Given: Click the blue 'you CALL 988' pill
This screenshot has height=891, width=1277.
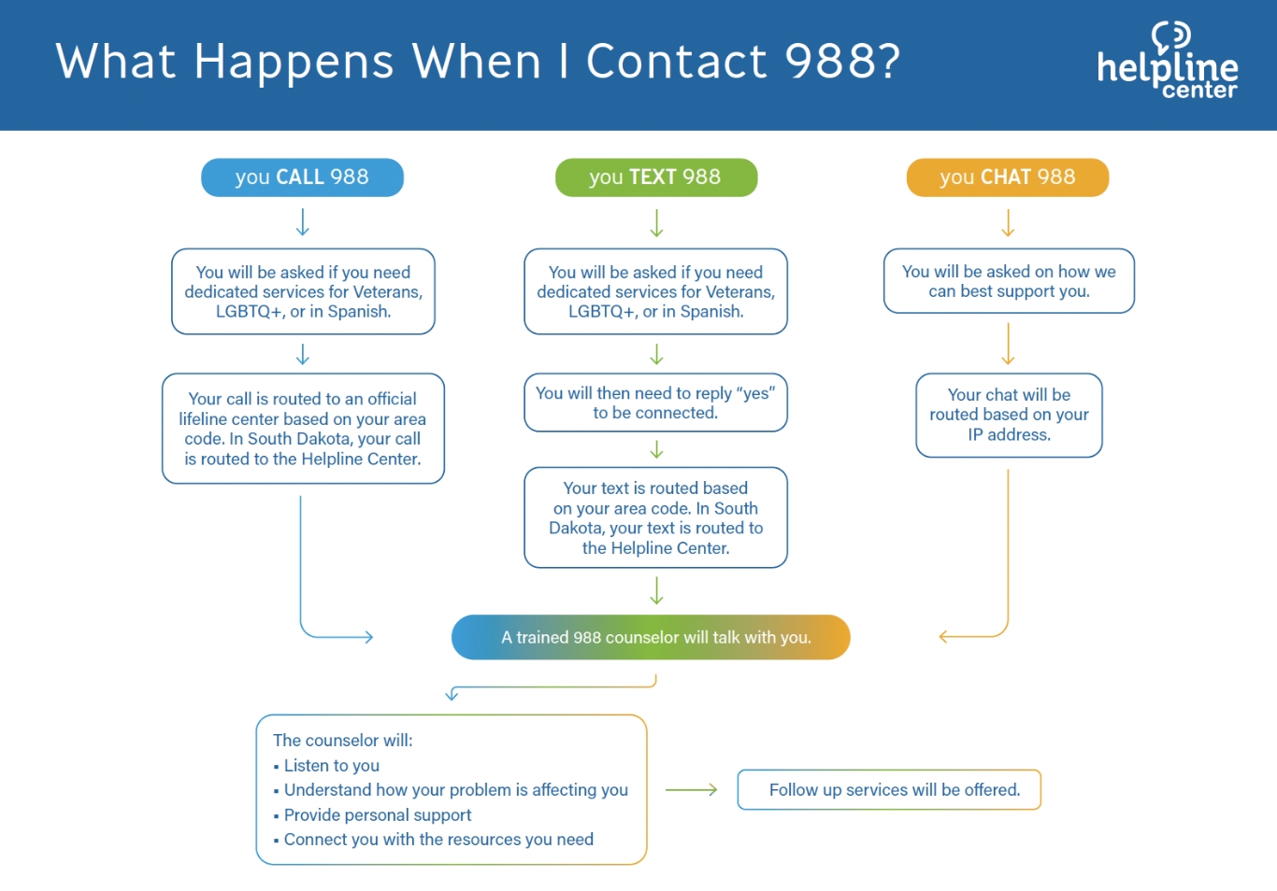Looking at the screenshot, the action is (302, 177).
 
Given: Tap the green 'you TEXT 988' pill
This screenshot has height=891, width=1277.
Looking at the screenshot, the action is (656, 177).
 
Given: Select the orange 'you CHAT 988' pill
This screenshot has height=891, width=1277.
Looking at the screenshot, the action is (1008, 177).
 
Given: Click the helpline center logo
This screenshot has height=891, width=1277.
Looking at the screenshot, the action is (1168, 61).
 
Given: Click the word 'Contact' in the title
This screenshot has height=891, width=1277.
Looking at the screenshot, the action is (677, 61).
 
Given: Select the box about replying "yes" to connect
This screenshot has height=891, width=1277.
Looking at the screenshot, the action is (655, 403).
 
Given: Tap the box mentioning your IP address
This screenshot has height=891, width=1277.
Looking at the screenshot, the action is (1009, 415).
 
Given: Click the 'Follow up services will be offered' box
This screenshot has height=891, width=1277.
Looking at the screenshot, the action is (889, 789).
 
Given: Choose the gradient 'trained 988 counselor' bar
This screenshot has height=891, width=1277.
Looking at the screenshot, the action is (651, 637).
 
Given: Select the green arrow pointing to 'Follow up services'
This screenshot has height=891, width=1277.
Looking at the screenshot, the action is (691, 789).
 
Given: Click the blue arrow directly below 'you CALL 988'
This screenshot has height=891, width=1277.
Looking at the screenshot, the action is (302, 222).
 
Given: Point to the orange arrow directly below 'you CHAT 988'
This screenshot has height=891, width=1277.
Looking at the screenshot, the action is (1008, 222).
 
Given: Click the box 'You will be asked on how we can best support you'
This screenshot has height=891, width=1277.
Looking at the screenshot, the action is (1009, 281).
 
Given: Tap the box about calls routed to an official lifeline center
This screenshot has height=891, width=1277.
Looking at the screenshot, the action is (303, 429).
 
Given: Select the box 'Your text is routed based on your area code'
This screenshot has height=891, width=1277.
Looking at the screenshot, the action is (655, 517).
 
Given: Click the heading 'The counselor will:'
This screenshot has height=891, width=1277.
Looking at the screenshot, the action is (343, 740).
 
